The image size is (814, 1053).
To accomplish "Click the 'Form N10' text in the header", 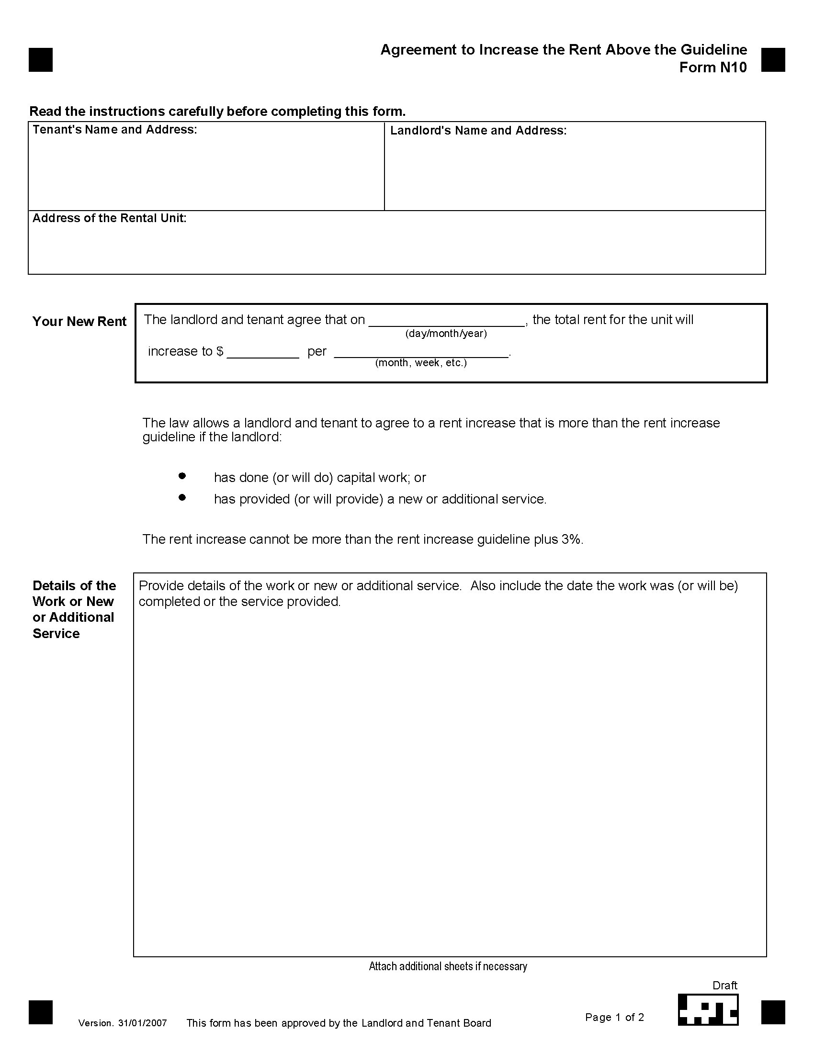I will point(713,67).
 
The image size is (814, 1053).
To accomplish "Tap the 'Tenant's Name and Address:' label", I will point(115,130).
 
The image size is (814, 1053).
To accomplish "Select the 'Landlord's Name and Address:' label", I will point(478,131).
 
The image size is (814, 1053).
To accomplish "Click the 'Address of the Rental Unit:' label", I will point(110,218).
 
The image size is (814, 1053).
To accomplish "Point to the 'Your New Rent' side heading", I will point(79,322).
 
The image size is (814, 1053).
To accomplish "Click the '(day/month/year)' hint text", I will point(446,334).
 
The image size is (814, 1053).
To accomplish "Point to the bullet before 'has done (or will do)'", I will point(182,476).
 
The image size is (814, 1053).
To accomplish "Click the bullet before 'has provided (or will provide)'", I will point(182,497).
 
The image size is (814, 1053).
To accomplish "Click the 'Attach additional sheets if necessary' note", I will point(448,966).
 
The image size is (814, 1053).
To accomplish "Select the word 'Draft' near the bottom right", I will point(725,986).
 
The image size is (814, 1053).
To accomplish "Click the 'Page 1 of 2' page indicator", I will point(614,1017).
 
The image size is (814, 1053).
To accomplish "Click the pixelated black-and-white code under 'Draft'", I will point(708,1009).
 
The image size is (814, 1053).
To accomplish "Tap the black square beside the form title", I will point(773,60).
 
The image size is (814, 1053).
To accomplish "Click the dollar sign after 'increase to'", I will point(220,351).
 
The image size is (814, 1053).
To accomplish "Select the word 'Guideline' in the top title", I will point(714,50).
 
